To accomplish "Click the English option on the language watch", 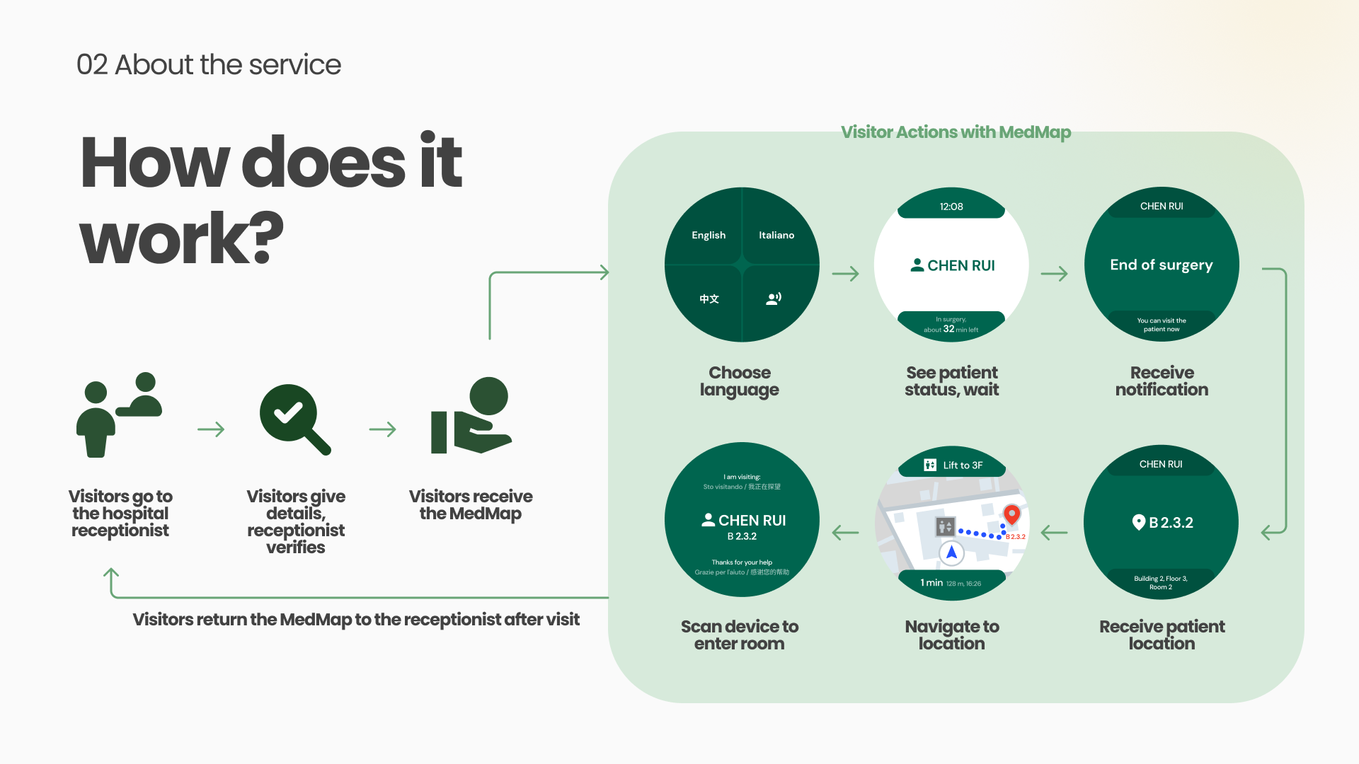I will coord(708,235).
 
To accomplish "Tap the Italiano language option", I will coord(776,235).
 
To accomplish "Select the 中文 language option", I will coord(709,299).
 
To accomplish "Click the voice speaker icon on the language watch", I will coord(774,299).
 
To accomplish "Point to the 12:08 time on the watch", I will coord(951,207).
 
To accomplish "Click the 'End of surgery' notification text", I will coord(1161,265).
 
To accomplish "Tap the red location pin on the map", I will coord(1011,514).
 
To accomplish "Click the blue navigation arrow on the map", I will coord(951,552).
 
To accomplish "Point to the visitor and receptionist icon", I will coord(119,415).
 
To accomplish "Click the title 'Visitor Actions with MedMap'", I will coord(956,132).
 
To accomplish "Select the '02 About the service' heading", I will coord(209,64).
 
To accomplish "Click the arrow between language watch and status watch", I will coord(845,274).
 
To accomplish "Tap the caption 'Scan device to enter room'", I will coord(739,635).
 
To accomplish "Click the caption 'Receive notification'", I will coord(1162,381).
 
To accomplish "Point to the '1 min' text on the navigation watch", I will coord(931,583).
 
